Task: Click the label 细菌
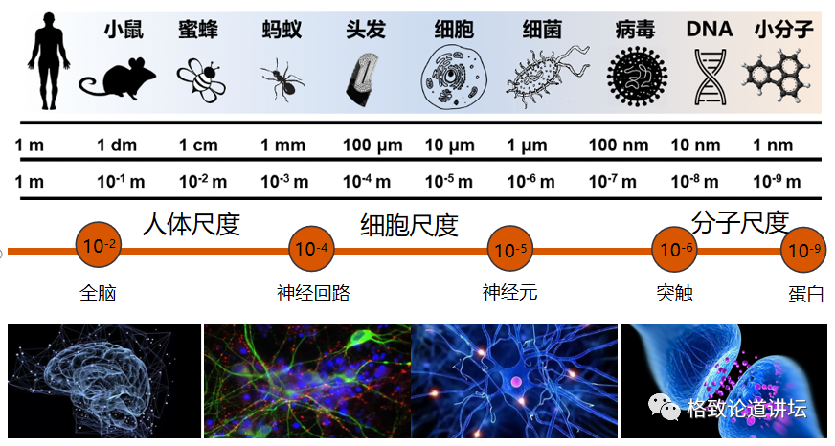coord(542,29)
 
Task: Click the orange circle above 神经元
coord(508,251)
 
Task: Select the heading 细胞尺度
coord(409,225)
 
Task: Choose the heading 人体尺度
coord(191,224)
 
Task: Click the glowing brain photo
coord(104,381)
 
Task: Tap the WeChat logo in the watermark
coord(666,410)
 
